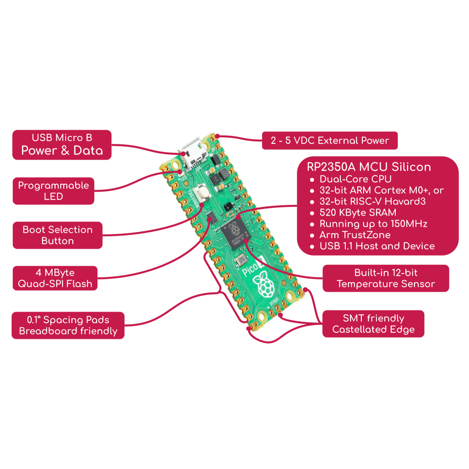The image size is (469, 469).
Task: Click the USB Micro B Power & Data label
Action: tap(62, 145)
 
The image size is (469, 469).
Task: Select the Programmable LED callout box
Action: tap(53, 191)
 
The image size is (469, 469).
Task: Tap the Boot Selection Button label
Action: tap(57, 235)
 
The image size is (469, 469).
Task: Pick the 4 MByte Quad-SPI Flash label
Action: tap(55, 278)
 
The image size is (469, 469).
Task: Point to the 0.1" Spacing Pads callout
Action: tap(68, 325)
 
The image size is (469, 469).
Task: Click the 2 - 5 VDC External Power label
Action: tap(329, 141)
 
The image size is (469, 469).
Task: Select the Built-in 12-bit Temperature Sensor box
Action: tap(386, 278)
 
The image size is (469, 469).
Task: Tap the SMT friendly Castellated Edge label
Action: tap(373, 324)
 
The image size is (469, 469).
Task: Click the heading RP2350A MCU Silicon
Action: tap(369, 167)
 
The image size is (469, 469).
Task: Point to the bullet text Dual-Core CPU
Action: tap(355, 179)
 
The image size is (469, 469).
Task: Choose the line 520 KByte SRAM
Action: tap(358, 213)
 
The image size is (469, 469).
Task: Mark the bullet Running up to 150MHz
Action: tap(373, 224)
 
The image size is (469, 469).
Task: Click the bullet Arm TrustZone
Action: tap(355, 235)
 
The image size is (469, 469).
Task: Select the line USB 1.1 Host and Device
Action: tap(377, 246)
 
